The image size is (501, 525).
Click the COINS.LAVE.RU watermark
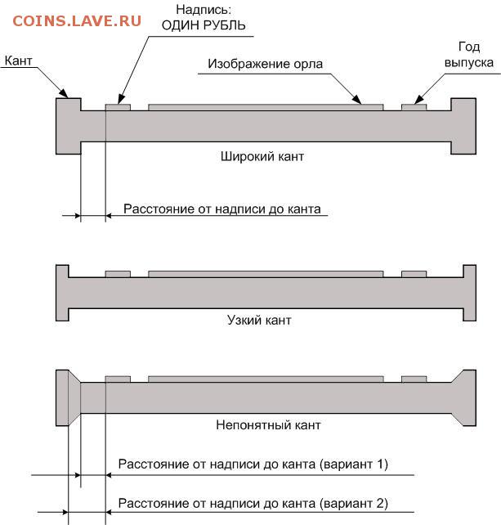[77, 21]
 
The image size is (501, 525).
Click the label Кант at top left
[19, 61]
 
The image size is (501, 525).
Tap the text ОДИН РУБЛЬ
[204, 25]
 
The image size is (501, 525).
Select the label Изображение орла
[265, 64]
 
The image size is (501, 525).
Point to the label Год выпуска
[469, 54]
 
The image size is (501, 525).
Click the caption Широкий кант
[262, 156]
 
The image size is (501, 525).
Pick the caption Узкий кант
[259, 320]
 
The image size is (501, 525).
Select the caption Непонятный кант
[268, 425]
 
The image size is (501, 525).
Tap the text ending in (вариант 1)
[253, 464]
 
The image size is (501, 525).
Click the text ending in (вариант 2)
[253, 503]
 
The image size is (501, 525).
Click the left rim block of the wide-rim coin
[69, 126]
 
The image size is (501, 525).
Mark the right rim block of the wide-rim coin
[463, 126]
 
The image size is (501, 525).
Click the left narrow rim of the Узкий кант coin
[62, 293]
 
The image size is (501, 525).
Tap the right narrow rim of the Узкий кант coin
[470, 293]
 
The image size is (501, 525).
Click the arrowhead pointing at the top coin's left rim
[64, 93]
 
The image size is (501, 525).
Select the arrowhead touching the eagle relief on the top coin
[357, 100]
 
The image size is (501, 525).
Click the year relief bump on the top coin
[414, 107]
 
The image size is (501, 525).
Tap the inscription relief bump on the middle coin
[118, 274]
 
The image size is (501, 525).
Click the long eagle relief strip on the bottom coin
[266, 379]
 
